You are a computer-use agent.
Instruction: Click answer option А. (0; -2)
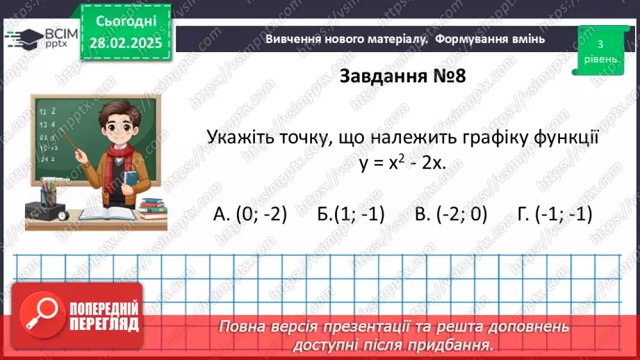250,215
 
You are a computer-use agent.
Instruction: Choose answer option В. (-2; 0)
451,215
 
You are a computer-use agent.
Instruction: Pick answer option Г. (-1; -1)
555,215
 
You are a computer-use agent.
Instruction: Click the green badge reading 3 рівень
600,51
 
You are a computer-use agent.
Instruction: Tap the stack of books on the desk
153,205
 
